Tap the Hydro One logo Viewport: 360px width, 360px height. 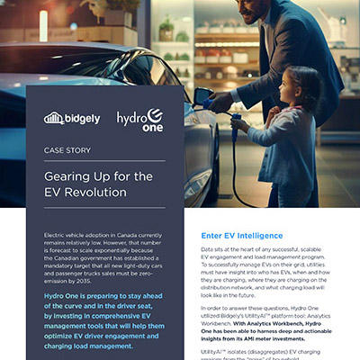(139, 120)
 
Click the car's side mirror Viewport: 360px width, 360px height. (199, 97)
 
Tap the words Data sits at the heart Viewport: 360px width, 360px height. (236, 247)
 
